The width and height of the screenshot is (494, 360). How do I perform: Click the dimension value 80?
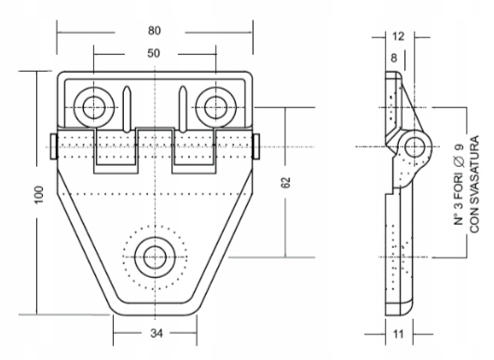pyautogui.click(x=155, y=31)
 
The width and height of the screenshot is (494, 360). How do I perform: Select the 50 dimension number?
pyautogui.click(x=154, y=53)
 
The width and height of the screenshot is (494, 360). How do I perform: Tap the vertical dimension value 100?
pyautogui.click(x=39, y=195)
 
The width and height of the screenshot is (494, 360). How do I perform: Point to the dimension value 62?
pyautogui.click(x=285, y=183)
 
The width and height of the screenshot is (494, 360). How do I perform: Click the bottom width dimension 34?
pyautogui.click(x=157, y=333)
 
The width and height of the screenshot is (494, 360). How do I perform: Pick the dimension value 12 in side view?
pyautogui.click(x=398, y=36)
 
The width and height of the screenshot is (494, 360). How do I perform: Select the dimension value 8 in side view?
pyautogui.click(x=394, y=58)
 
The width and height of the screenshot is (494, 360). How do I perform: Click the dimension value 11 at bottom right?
pyautogui.click(x=399, y=334)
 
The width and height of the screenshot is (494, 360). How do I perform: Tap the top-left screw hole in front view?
pyautogui.click(x=93, y=107)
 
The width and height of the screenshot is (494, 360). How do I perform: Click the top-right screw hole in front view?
pyautogui.click(x=216, y=107)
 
